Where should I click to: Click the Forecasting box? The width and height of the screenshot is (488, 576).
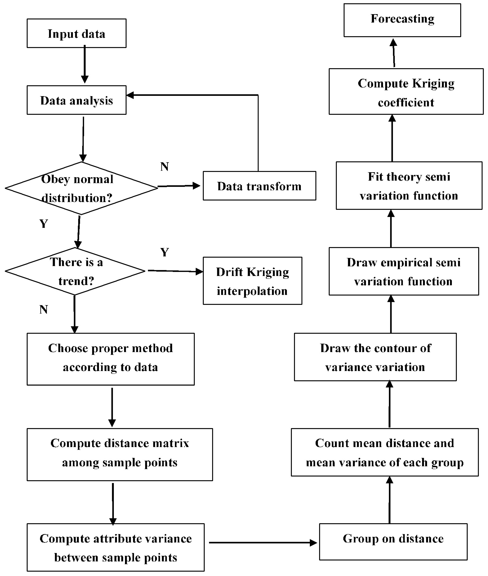coord(402,20)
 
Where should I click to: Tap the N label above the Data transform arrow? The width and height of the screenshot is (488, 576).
coord(164,167)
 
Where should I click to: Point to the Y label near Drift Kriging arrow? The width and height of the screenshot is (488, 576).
coord(164,252)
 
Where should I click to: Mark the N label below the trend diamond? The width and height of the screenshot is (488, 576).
coord(44,310)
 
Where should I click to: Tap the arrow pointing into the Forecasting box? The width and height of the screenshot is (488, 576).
coord(394,53)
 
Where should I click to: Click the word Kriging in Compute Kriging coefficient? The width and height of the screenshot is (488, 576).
coord(433,84)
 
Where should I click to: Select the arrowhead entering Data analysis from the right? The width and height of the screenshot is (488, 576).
coord(130,95)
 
